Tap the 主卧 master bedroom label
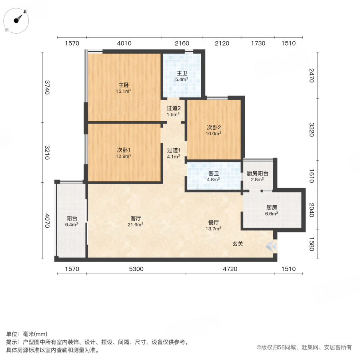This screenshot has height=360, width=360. click(124, 85)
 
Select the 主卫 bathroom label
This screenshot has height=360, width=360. click(182, 73)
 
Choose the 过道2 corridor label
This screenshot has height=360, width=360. click(174, 108)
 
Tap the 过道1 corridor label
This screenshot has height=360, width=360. click(174, 150)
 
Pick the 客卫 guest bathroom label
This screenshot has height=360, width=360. click(214, 173)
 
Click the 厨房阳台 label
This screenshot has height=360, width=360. click(258, 173)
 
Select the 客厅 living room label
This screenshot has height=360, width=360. click(135, 218)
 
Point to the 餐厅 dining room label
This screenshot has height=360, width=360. click(213, 222)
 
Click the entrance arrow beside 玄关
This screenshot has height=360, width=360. click(272, 246)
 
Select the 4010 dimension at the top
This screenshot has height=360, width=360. click(124, 43)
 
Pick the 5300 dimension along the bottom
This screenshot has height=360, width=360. click(136, 269)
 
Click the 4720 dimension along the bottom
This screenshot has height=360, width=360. click(230, 269)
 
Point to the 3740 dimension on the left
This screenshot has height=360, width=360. click(48, 87)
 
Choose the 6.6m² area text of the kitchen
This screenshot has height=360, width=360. click(272, 214)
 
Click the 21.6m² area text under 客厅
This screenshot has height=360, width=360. click(135, 224)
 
